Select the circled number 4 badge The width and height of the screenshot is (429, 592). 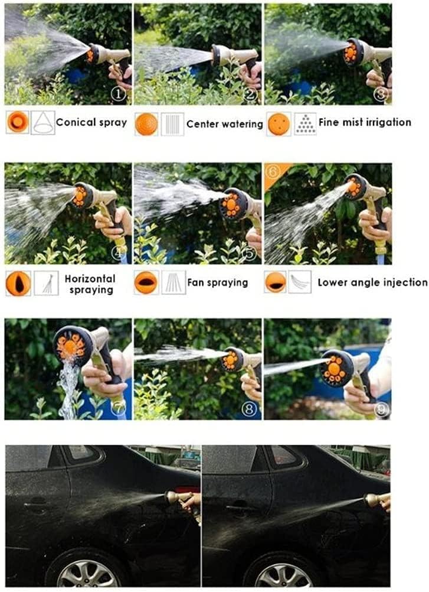[x=120, y=253]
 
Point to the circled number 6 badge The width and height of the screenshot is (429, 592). [x=272, y=171]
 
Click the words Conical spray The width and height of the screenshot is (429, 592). [x=91, y=123]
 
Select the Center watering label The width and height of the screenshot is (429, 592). [x=225, y=124]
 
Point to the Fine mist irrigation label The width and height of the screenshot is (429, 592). [x=365, y=122]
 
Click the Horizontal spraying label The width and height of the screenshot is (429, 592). [x=90, y=284]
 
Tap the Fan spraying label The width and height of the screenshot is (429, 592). [x=218, y=282]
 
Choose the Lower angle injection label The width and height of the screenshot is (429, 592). [x=372, y=282]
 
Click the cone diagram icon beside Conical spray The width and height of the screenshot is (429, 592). [x=43, y=123]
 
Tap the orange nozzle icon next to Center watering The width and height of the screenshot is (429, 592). [x=146, y=125]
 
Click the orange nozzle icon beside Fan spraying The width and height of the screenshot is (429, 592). [x=146, y=282]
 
